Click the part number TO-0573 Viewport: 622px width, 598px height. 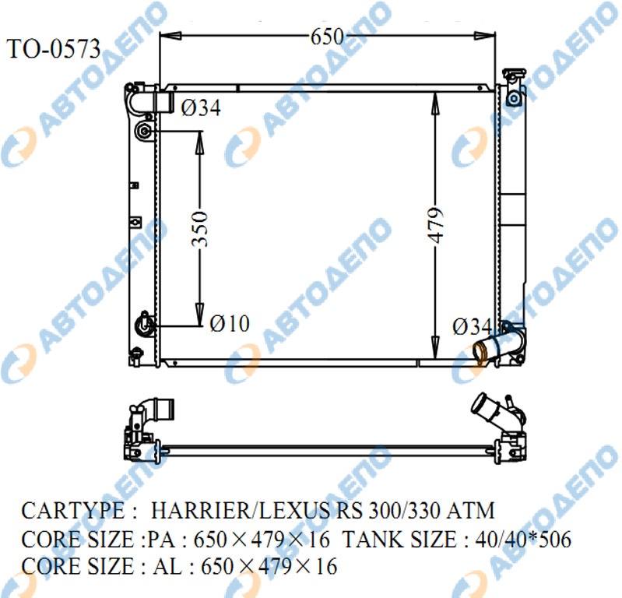click(x=54, y=49)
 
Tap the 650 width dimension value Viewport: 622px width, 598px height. click(x=327, y=37)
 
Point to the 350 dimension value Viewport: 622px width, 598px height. click(x=199, y=229)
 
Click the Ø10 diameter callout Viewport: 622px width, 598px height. click(x=230, y=323)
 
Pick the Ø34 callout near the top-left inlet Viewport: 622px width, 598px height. click(x=201, y=107)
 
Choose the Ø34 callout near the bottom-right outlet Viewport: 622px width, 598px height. click(x=472, y=326)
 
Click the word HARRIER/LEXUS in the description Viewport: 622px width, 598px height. click(x=240, y=510)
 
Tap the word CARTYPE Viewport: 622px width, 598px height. click(x=73, y=510)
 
